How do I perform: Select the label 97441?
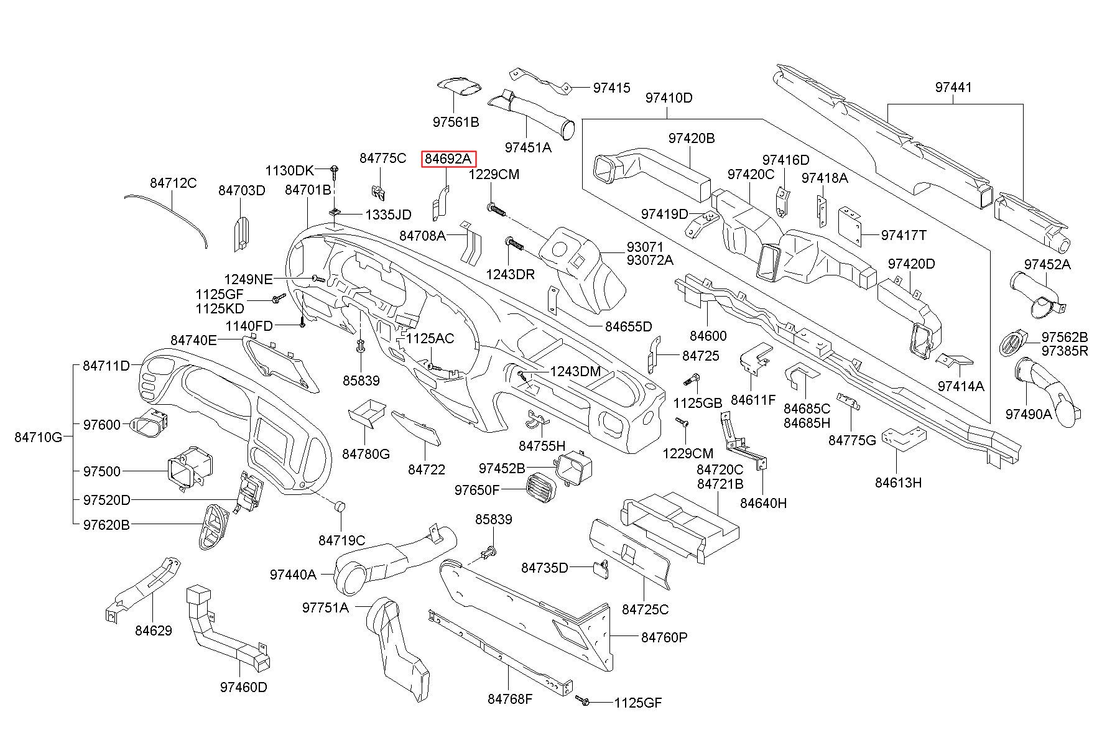tap(953, 88)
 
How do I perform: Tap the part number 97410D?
tap(669, 98)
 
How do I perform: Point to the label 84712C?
tap(174, 183)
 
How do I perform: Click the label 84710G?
tap(39, 437)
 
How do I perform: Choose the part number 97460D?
tap(244, 687)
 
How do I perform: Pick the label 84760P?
tap(664, 637)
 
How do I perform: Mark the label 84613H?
tap(898, 483)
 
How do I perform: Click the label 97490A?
tap(1029, 413)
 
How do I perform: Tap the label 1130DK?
tap(290, 170)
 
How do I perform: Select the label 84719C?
tap(342, 541)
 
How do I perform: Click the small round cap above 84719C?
tap(340, 505)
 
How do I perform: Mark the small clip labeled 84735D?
tap(601, 568)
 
